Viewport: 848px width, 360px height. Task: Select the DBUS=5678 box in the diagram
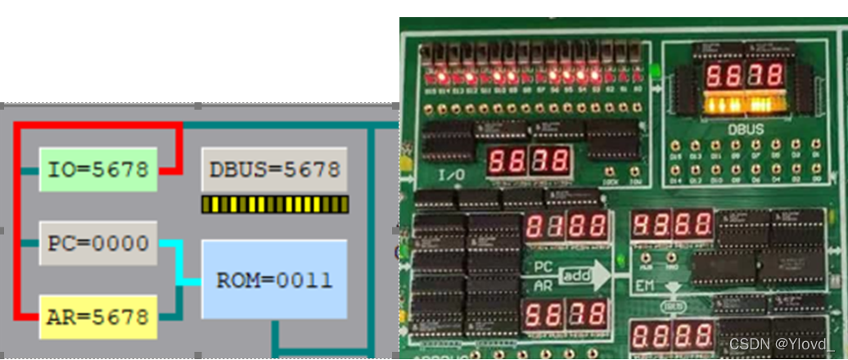[274, 170]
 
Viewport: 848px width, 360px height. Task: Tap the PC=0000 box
[98, 243]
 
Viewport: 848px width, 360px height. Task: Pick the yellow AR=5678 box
[98, 317]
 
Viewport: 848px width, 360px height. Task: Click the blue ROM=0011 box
[274, 280]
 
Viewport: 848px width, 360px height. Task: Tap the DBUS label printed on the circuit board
[746, 129]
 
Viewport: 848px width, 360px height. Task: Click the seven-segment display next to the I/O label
[529, 160]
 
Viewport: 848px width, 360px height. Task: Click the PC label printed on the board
[544, 267]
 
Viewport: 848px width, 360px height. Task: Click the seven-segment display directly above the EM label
[672, 224]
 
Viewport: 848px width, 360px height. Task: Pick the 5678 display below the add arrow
[566, 314]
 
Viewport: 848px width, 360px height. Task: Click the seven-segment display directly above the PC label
[566, 226]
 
